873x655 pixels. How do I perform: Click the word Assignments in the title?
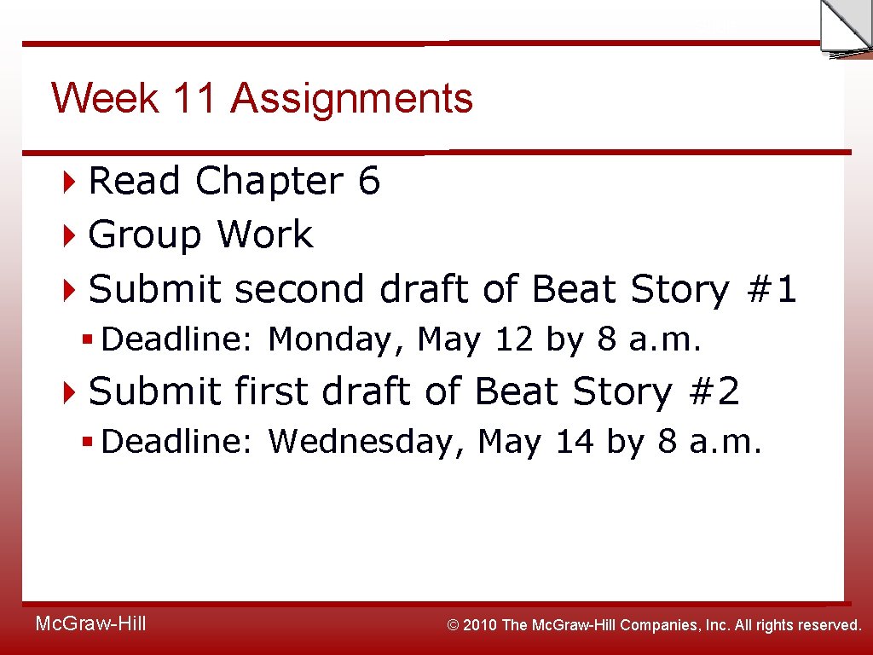point(351,98)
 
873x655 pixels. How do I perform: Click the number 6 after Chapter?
point(369,181)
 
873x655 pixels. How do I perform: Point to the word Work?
point(264,235)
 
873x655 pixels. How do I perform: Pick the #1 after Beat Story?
point(771,289)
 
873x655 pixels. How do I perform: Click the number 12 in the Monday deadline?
point(513,340)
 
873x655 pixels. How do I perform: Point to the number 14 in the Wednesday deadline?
point(574,442)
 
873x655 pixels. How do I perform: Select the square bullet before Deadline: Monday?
point(87,340)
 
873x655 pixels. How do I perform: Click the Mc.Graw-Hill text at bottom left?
point(90,624)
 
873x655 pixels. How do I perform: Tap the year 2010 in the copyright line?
point(481,625)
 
